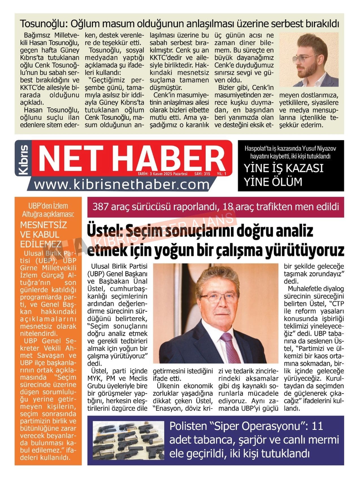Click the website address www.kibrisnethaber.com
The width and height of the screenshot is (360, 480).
pos(122,185)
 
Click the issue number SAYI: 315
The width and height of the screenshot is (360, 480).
pos(202,174)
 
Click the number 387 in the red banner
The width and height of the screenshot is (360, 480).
pos(100,207)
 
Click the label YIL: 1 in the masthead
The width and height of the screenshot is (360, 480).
pos(222,174)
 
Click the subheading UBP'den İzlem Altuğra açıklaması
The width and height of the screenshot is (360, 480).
pos(48,210)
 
